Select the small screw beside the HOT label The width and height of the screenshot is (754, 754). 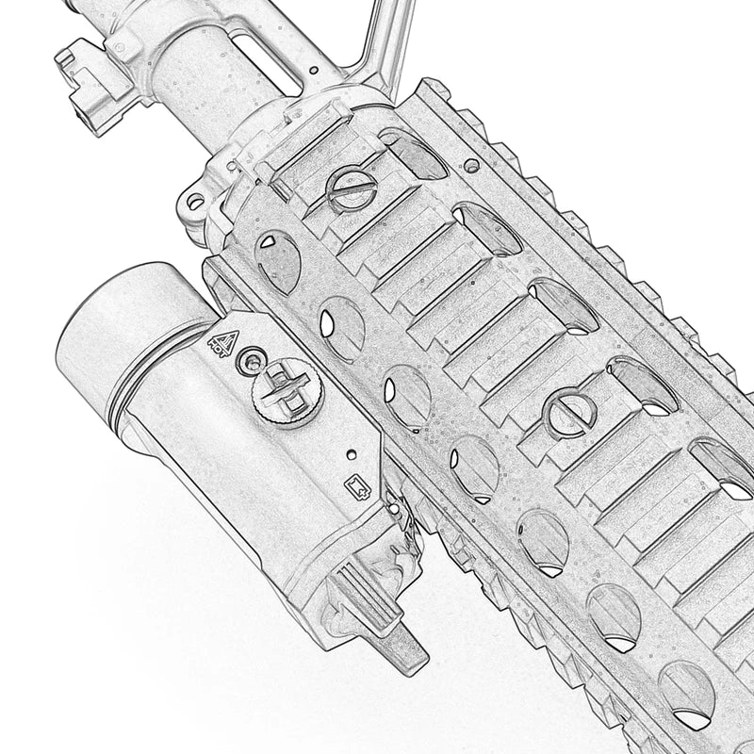pos(250,358)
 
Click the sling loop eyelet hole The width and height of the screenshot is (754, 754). pos(194,201)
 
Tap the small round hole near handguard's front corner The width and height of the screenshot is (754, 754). pos(471,165)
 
